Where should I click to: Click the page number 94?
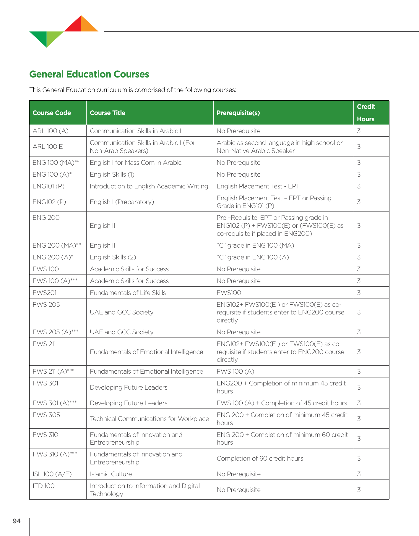click(x=17, y=521)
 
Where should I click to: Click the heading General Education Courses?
click(x=89, y=74)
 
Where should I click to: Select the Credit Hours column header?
click(x=366, y=113)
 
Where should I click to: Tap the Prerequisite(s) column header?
click(x=238, y=113)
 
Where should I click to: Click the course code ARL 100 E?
click(x=48, y=147)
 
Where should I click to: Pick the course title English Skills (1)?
click(x=112, y=175)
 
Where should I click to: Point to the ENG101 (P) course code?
click(x=48, y=186)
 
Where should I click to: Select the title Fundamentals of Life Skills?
click(x=128, y=293)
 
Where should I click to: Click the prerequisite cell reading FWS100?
click(x=229, y=293)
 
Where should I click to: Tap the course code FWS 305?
click(x=46, y=415)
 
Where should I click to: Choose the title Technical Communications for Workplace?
click(x=149, y=419)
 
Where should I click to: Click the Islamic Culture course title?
click(x=111, y=474)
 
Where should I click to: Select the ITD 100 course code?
click(x=44, y=486)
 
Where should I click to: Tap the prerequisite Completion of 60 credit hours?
click(x=260, y=458)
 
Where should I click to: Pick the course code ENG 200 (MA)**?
click(x=57, y=246)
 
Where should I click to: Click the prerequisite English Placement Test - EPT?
click(x=258, y=186)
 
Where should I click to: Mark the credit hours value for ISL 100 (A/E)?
click(x=359, y=474)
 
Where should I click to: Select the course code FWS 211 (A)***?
click(x=53, y=372)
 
